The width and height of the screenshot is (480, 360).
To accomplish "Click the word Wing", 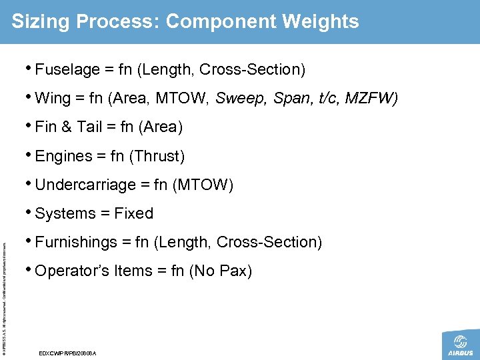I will point(53,99).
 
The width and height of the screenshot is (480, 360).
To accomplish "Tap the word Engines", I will point(64,156).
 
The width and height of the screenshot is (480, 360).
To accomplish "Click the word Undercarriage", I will point(83,185).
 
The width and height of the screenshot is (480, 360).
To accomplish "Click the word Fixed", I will point(133,213).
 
